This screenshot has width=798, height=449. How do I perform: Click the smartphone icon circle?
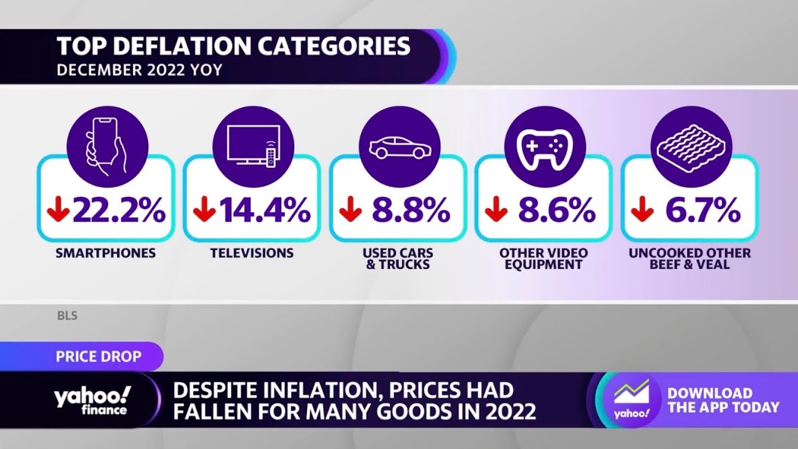[x=107, y=147]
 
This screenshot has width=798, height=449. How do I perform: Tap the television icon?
[x=252, y=147]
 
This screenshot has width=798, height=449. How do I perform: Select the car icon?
[x=399, y=147]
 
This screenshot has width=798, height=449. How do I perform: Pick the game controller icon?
[x=544, y=147]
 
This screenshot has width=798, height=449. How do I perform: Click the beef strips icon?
[x=691, y=147]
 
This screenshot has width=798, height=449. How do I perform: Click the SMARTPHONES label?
[x=105, y=253]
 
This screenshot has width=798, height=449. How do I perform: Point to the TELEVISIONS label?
[x=252, y=253]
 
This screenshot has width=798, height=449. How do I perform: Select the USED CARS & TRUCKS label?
[x=398, y=259]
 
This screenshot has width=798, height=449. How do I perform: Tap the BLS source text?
[x=67, y=316]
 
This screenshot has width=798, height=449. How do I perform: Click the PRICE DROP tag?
[x=99, y=357]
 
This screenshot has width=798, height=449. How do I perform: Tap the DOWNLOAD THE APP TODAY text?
[x=723, y=400]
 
